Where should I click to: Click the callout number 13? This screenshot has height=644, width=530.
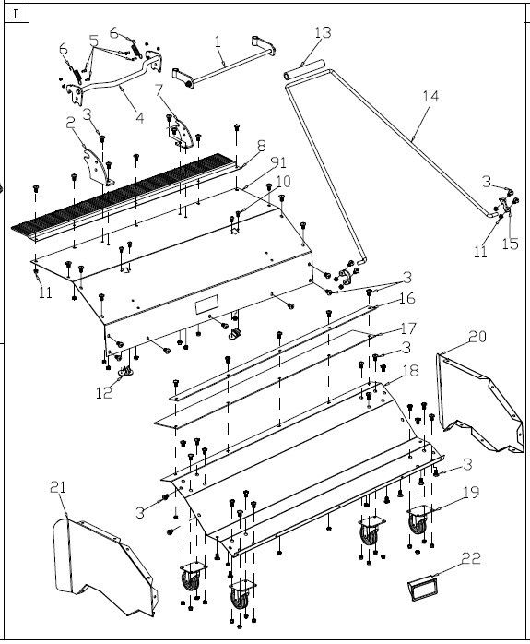(323, 32)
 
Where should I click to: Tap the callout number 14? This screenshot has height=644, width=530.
(430, 97)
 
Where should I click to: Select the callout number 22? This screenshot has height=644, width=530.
(471, 558)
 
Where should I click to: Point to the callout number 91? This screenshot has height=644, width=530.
(279, 162)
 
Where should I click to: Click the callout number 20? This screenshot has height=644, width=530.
(477, 337)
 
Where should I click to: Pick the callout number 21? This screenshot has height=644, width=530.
(58, 487)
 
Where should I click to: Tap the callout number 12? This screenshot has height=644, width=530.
(104, 393)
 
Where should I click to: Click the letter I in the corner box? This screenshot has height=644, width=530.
(16, 15)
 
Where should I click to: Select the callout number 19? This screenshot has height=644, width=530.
(471, 492)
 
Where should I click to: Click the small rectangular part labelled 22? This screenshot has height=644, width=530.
(422, 588)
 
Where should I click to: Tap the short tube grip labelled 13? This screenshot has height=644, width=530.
(304, 69)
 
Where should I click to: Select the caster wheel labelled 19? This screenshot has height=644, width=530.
(418, 520)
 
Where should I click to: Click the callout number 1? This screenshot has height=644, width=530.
(218, 42)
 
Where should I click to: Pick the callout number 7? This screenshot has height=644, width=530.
(159, 89)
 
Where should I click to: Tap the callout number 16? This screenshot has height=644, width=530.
(406, 298)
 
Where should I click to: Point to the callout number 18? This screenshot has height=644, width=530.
(410, 371)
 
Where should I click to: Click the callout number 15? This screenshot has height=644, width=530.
(511, 244)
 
